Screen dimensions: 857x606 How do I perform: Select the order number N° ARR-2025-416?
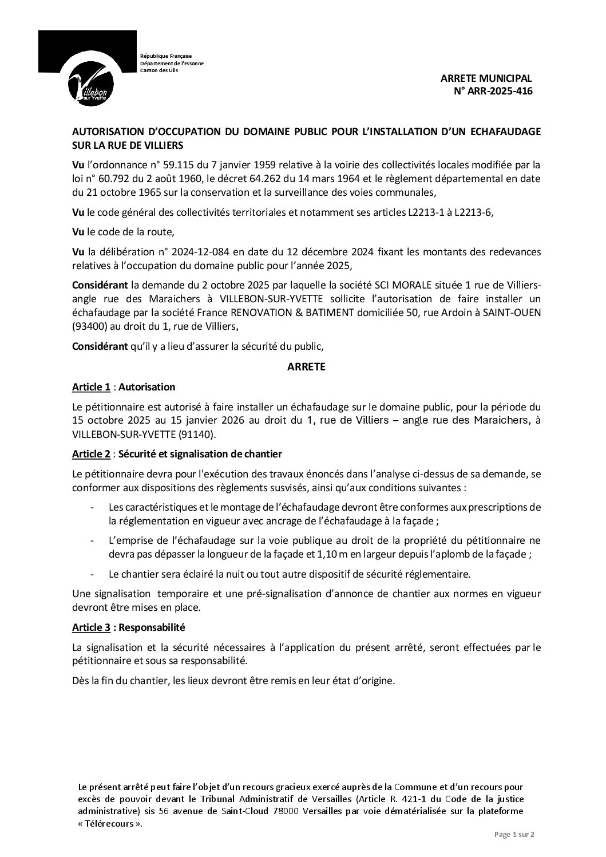pos(493,90)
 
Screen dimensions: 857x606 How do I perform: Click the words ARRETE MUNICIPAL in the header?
pos(486,78)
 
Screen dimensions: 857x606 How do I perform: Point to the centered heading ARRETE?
pos(306,367)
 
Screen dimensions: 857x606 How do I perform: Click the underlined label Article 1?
pos(91,387)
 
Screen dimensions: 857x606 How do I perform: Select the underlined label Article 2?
pos(91,454)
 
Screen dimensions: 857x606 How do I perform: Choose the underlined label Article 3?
pos(91,627)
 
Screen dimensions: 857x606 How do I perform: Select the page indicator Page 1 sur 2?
pos(513,835)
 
